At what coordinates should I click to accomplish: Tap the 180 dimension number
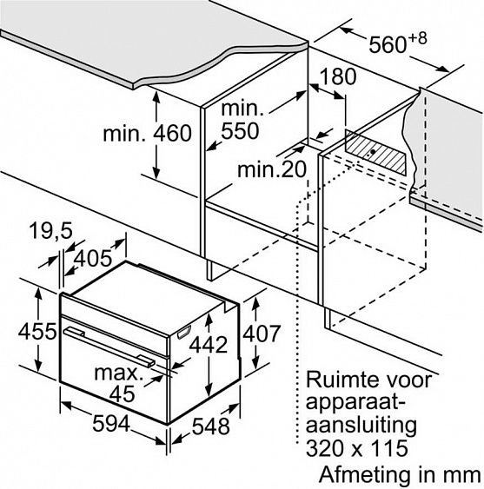tap(338, 76)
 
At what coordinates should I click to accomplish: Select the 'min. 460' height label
tap(147, 133)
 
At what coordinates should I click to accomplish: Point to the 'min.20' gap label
tap(272, 170)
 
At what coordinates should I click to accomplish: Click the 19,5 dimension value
tap(50, 231)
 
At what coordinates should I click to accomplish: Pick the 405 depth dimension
tap(93, 258)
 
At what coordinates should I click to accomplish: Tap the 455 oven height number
tap(37, 331)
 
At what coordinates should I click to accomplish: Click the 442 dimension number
tap(209, 345)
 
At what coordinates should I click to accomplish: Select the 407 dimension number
tap(262, 334)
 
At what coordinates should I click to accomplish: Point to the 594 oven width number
tap(111, 424)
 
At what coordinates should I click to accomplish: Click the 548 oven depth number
tap(210, 426)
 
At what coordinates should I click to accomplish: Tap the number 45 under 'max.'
tap(122, 393)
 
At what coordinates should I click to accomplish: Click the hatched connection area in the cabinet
tap(375, 153)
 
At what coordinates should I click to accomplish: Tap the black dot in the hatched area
tap(373, 152)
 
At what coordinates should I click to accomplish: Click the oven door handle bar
tap(109, 347)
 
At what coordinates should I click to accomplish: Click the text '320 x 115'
tap(356, 448)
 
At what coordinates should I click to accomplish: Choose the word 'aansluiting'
tap(361, 426)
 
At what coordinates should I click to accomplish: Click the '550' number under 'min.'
tap(240, 130)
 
